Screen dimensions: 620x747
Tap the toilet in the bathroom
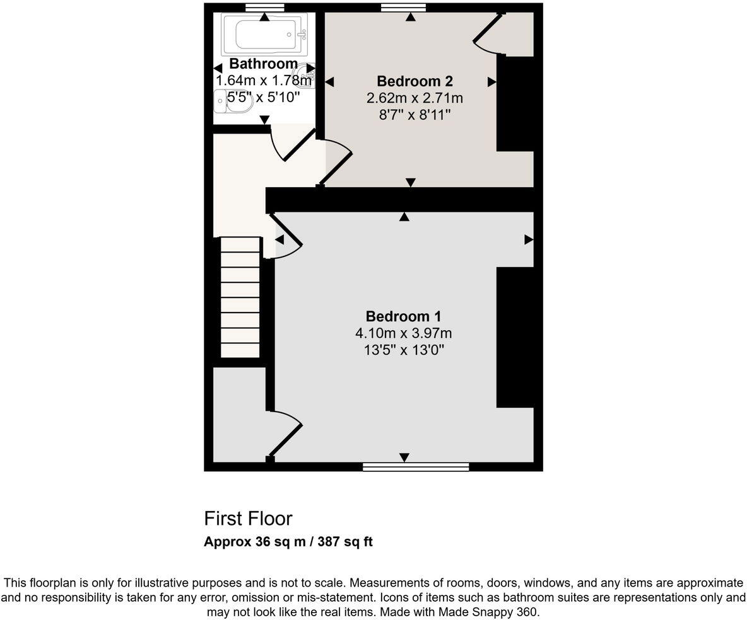(x=231, y=101)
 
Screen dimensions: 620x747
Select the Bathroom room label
(x=263, y=64)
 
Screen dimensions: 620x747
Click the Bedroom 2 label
(x=415, y=81)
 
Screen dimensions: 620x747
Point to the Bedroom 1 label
(x=403, y=316)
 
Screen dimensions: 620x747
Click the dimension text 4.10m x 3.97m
(x=403, y=333)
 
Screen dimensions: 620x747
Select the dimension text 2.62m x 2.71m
(x=415, y=98)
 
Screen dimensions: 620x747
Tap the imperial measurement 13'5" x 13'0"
(x=403, y=350)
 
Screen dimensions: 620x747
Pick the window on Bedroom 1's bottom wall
(x=416, y=467)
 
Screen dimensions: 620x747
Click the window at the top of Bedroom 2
(x=403, y=8)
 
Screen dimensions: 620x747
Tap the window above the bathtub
(x=264, y=8)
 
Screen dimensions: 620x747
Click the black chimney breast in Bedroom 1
(x=515, y=337)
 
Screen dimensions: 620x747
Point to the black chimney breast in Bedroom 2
(x=515, y=103)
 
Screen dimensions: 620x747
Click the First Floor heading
(x=248, y=519)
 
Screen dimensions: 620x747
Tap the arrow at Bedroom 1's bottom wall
(x=404, y=457)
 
